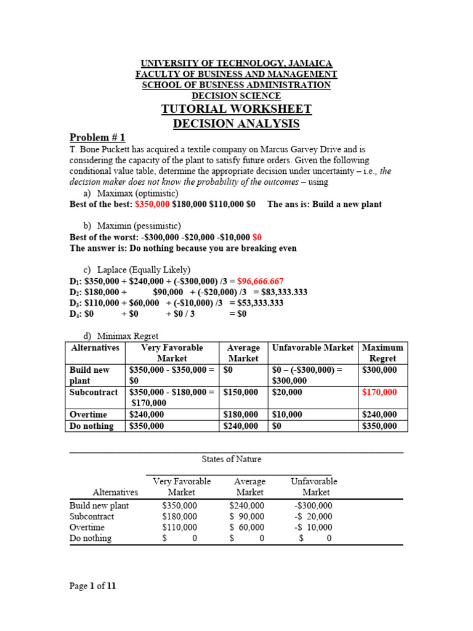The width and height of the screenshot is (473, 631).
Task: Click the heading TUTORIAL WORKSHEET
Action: pyautogui.click(x=236, y=109)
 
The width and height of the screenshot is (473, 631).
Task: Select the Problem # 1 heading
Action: pyautogui.click(x=97, y=137)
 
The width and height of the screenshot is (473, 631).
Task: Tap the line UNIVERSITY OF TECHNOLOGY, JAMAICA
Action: pyautogui.click(x=236, y=63)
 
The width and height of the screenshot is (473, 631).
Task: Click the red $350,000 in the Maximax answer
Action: pyautogui.click(x=152, y=204)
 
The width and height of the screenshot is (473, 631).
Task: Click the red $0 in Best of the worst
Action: pyautogui.click(x=257, y=237)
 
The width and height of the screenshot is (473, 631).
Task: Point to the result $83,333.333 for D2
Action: pyautogui.click(x=275, y=292)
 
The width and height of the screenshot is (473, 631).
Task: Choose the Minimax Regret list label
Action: pyautogui.click(x=130, y=336)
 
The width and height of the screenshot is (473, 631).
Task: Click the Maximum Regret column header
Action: pyautogui.click(x=382, y=353)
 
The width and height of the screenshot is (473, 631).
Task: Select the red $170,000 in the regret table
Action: pyautogui.click(x=380, y=392)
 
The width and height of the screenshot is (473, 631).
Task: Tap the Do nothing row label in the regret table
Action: pyautogui.click(x=92, y=426)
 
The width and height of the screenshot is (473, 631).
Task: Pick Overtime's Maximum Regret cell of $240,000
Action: pyautogui.click(x=380, y=415)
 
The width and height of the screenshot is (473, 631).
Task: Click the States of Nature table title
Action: pyautogui.click(x=232, y=459)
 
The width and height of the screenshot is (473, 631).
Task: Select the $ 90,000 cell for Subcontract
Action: pyautogui.click(x=247, y=516)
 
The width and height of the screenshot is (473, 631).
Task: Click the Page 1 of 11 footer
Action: pyautogui.click(x=92, y=586)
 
